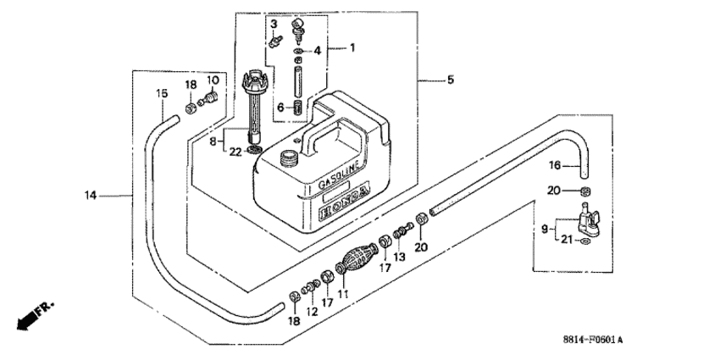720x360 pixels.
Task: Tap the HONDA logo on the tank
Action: tap(345, 204)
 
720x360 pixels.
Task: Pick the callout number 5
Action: tap(451, 80)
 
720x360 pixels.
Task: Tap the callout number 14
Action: tap(91, 196)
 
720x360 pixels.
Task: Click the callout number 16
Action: tap(555, 165)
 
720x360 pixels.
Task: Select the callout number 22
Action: tap(235, 152)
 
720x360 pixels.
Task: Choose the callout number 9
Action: tap(545, 228)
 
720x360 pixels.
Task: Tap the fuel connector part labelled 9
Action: tap(587, 220)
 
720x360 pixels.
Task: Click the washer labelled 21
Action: tap(584, 242)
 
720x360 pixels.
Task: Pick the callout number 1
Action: tap(352, 47)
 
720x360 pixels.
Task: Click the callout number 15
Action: tap(162, 94)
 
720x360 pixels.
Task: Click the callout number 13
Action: tap(399, 257)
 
